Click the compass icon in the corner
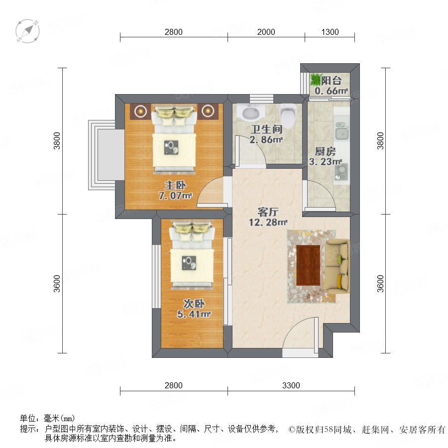[x=27, y=31]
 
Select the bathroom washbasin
[x=251, y=112]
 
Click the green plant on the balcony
[x=316, y=79]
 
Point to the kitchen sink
[x=342, y=131]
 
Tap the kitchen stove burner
[x=341, y=171]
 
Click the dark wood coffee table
[x=308, y=265]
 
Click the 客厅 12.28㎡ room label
[x=268, y=217]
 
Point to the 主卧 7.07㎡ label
[x=175, y=191]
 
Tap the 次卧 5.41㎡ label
[x=194, y=309]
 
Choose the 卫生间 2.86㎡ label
[x=266, y=134]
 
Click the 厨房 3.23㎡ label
[x=326, y=156]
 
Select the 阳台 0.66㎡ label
[x=332, y=86]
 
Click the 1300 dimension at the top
[x=330, y=32]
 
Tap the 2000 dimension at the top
[x=266, y=32]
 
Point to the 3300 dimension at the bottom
[x=291, y=385]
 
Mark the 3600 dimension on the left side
[x=57, y=283]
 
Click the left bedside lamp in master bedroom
[x=140, y=111]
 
